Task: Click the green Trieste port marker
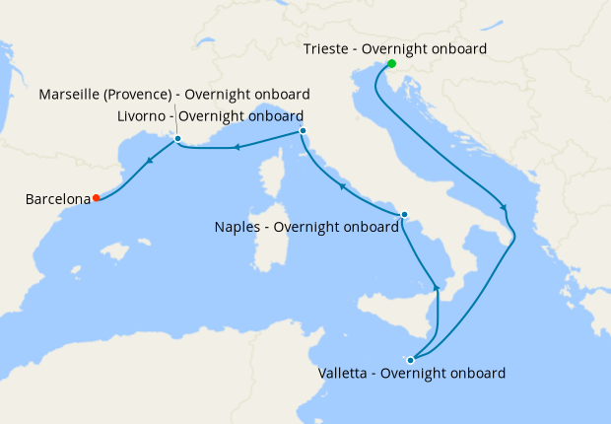pos(391,64)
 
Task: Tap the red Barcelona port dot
pos(97,198)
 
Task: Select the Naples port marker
pos(404,215)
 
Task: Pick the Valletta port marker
pos(411,360)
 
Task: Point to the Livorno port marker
pos(303,131)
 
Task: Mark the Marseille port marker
pos(177,139)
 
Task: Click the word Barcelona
pos(57,199)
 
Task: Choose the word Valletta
pos(346,374)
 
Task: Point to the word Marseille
pos(72,95)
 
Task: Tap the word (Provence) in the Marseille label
pos(147,95)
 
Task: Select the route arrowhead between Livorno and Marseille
pos(237,148)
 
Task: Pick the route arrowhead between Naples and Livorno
pos(342,185)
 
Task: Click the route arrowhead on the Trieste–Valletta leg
pos(505,208)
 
